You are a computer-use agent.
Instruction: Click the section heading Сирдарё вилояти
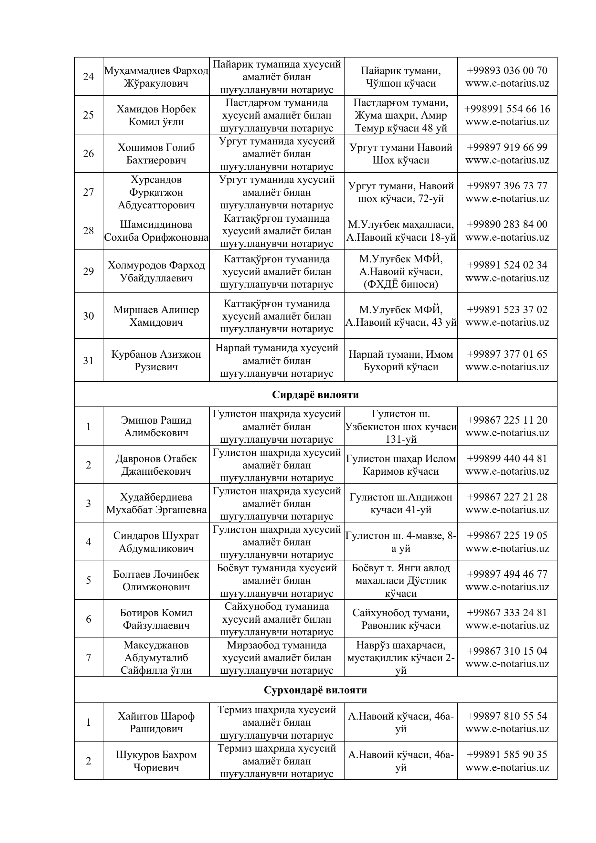click(315, 395)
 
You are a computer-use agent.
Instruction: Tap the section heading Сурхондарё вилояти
click(315, 690)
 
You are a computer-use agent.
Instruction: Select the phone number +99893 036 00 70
click(507, 70)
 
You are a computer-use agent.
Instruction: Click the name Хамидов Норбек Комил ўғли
click(156, 115)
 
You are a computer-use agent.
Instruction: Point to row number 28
click(89, 231)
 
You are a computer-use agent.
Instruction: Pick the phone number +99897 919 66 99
click(507, 148)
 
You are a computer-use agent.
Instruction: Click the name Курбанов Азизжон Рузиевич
click(156, 361)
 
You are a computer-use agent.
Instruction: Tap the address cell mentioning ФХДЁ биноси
click(401, 272)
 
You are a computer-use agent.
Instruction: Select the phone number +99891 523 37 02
click(507, 310)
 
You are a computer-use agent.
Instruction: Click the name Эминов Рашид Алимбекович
click(156, 426)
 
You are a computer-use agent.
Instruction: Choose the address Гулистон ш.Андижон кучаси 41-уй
click(401, 503)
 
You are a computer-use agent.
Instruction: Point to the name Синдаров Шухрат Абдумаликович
click(156, 542)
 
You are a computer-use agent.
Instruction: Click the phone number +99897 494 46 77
click(507, 574)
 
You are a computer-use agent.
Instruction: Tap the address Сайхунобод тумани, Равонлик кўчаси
click(401, 619)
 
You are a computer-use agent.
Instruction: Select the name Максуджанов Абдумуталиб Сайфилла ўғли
click(156, 658)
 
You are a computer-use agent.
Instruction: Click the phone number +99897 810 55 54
click(507, 716)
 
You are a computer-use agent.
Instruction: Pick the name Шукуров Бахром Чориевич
click(156, 761)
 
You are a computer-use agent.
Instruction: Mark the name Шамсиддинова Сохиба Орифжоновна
click(156, 231)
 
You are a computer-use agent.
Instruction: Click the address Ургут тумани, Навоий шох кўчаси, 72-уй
click(401, 192)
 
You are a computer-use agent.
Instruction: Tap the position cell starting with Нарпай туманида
click(277, 361)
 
